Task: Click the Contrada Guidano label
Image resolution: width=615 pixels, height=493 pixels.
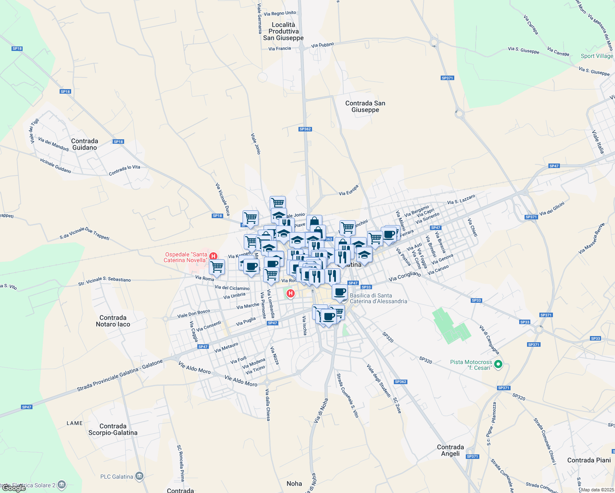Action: tap(85, 144)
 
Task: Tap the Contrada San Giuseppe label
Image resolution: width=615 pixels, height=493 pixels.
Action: tap(365, 106)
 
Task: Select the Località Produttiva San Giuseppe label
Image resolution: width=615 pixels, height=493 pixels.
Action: tap(283, 31)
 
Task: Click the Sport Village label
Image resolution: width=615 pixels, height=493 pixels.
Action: tap(597, 56)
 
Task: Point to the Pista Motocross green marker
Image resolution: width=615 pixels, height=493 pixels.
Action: tap(498, 364)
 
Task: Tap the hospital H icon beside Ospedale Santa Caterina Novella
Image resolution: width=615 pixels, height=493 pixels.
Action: tap(213, 256)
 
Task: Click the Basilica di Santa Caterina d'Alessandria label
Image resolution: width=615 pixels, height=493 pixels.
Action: tap(378, 298)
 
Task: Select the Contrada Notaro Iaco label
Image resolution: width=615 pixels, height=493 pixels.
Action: tap(113, 321)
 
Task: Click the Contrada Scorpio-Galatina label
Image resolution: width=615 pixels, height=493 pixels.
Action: tap(113, 429)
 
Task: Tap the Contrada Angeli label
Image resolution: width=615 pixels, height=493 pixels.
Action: tap(450, 450)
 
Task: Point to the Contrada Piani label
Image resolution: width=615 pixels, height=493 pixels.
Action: tap(589, 460)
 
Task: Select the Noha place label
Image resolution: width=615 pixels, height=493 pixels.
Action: tap(294, 484)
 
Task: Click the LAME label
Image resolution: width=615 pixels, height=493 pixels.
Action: tap(74, 423)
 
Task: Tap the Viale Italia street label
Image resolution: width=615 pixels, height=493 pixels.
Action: tap(598, 142)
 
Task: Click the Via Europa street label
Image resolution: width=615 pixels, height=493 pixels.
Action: tap(349, 190)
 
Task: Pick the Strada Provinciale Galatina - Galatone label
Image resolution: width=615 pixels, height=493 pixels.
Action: tap(120, 376)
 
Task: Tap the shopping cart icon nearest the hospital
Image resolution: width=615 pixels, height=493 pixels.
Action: tap(217, 267)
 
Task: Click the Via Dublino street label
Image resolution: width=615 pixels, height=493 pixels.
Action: tap(323, 45)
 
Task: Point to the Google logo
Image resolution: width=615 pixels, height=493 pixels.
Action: tap(14, 488)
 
